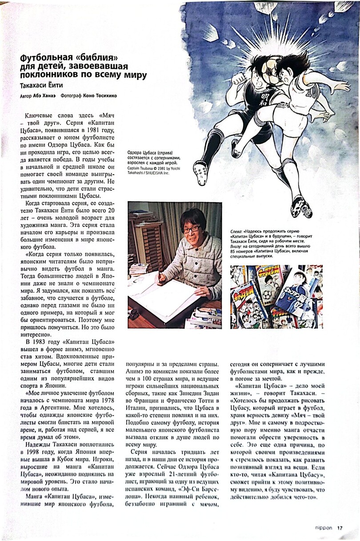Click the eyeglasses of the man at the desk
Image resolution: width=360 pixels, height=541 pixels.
pos(191,229)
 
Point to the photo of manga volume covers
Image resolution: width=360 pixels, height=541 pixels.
pos(276,296)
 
